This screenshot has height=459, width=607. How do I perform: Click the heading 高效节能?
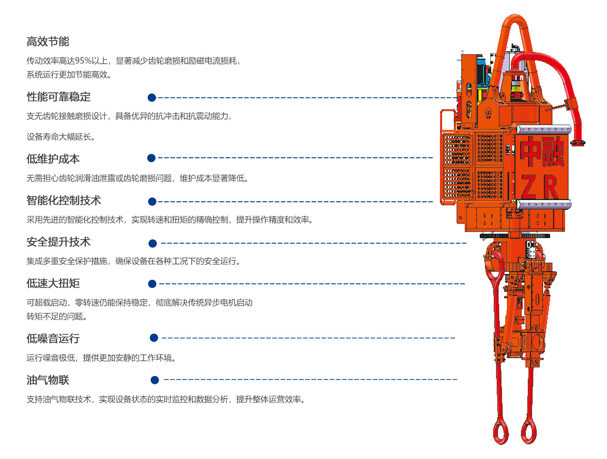(x=48, y=41)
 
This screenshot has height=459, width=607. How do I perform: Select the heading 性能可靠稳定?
(x=58, y=97)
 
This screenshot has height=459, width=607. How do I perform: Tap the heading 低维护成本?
(x=53, y=159)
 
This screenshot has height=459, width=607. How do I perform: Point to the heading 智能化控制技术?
(x=64, y=200)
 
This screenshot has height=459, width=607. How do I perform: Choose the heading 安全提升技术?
(x=58, y=242)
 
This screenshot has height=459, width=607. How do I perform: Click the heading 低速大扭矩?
(x=53, y=283)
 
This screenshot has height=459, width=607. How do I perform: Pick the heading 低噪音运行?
(x=53, y=339)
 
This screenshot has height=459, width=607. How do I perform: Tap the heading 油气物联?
(x=48, y=380)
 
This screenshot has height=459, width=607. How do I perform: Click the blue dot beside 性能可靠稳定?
(x=152, y=98)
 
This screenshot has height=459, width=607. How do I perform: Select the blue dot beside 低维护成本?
(x=151, y=158)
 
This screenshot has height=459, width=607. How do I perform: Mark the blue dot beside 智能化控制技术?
(x=152, y=202)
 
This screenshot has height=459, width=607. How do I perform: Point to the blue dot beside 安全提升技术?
(x=153, y=244)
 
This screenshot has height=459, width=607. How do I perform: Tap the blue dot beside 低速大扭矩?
(x=152, y=284)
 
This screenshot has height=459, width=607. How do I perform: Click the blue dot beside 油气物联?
(x=155, y=380)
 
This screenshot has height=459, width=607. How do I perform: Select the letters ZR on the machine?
(x=540, y=187)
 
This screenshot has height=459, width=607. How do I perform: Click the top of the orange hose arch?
(x=515, y=19)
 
